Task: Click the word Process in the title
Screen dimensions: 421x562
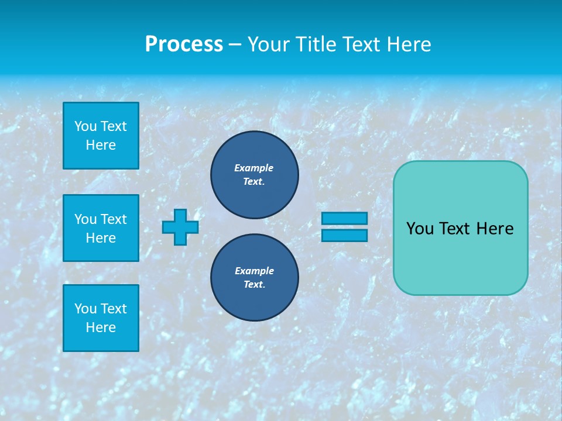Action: [184, 44]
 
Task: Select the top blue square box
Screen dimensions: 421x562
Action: [101, 136]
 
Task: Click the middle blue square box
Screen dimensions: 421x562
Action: [101, 228]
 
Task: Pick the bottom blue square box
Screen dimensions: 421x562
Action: [101, 318]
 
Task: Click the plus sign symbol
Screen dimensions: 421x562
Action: [180, 227]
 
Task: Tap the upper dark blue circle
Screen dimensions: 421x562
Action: [254, 175]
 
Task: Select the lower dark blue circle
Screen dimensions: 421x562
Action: [254, 278]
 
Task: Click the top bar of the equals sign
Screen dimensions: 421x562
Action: [344, 219]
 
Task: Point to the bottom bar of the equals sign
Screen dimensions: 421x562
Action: [344, 235]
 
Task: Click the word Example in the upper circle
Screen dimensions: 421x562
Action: [254, 168]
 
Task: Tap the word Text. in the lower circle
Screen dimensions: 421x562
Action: [254, 285]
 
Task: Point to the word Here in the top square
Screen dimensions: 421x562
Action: [101, 145]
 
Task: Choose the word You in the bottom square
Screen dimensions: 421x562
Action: [85, 309]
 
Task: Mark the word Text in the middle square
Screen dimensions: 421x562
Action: [113, 219]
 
